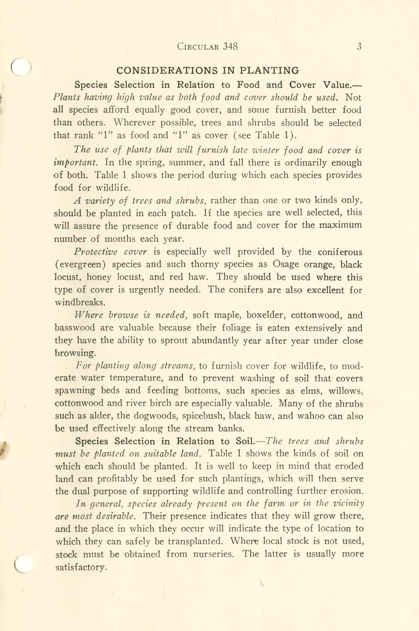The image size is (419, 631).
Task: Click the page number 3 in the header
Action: tap(359, 47)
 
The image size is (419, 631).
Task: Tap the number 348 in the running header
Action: tap(230, 47)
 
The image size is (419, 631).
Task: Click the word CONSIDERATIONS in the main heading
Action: tap(167, 71)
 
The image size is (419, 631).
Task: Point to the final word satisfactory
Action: tap(81, 567)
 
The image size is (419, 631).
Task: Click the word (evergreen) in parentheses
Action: tap(80, 265)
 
